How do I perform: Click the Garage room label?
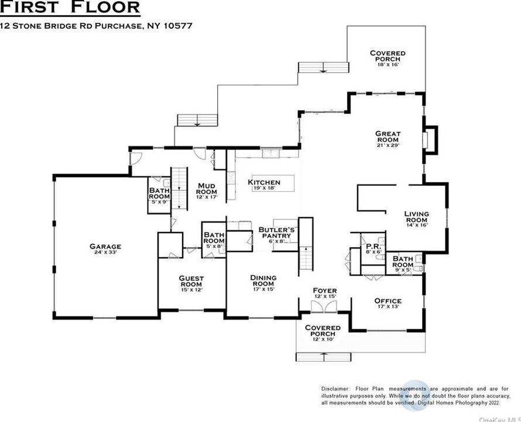tap(105, 247)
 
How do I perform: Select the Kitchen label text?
tap(264, 182)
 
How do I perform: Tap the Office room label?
tap(388, 301)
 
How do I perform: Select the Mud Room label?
tap(206, 189)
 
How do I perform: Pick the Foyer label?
tap(324, 290)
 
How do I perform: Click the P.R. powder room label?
tap(373, 247)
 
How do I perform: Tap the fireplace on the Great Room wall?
tap(430, 139)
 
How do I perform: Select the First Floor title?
tap(71, 8)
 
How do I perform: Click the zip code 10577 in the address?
tap(179, 26)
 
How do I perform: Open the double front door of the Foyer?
tap(324, 307)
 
